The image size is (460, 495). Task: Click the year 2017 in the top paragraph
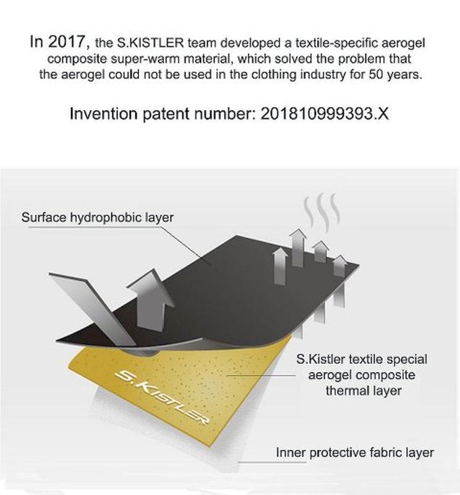point(66,41)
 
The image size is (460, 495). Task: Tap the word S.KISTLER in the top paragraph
point(150,43)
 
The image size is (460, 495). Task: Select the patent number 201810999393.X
point(325,113)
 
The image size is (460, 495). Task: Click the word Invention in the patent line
point(104,113)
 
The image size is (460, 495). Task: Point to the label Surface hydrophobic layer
point(98,218)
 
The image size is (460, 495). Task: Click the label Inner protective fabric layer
point(355,452)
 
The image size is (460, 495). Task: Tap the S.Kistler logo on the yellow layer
point(161,397)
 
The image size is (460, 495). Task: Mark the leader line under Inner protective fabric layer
point(272,462)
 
